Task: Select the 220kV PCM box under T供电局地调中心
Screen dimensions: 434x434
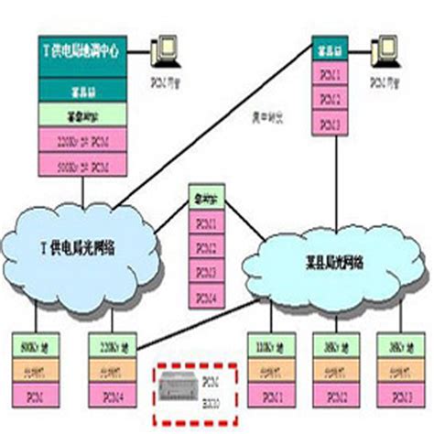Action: pyautogui.click(x=81, y=142)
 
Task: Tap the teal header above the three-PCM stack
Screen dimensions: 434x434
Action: pyautogui.click(x=327, y=47)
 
